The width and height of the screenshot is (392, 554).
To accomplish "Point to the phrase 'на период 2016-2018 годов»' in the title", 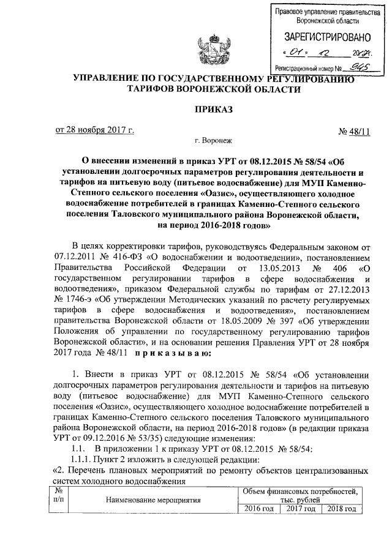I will pos(213,226).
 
